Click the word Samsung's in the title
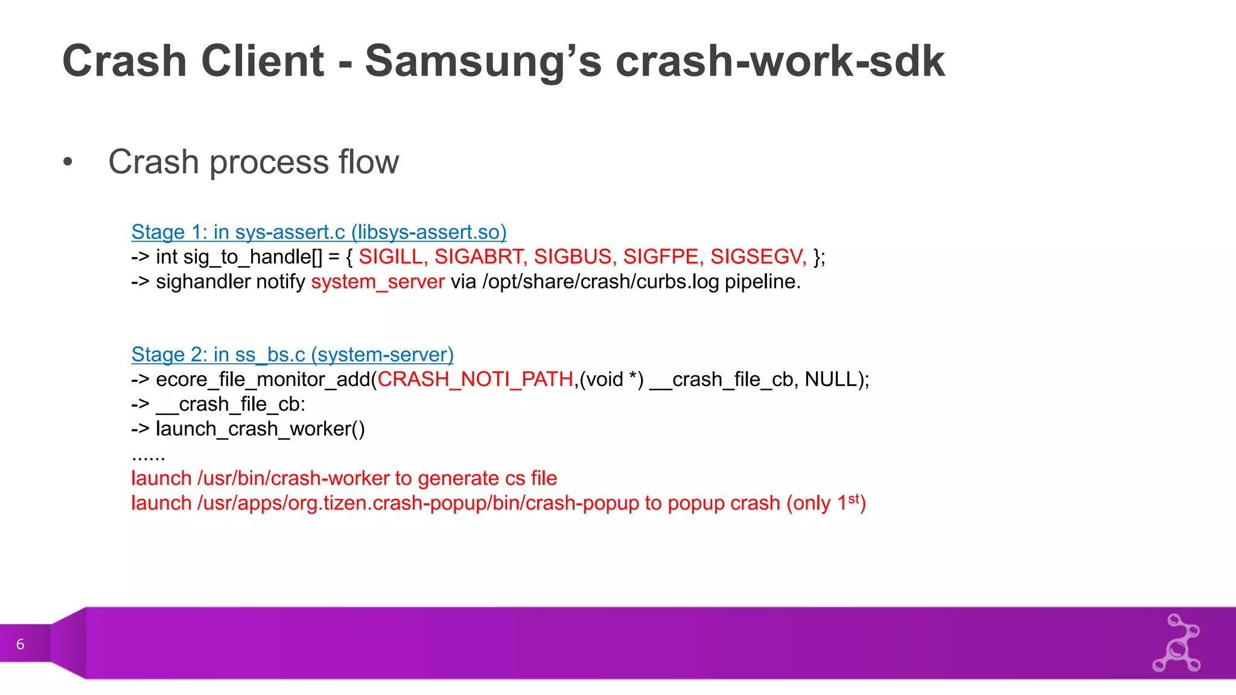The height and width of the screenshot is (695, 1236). click(483, 62)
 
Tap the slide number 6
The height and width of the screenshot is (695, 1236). click(21, 644)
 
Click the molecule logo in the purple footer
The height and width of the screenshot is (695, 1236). click(1176, 643)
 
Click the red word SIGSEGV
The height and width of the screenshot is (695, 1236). click(758, 257)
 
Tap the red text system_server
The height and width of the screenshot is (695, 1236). click(378, 282)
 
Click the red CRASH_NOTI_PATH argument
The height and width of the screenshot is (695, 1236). click(476, 379)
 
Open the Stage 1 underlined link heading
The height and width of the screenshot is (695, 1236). click(319, 232)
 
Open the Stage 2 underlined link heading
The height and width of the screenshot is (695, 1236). click(292, 355)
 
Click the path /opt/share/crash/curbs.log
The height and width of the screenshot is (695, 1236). click(600, 282)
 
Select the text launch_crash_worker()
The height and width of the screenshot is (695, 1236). click(260, 429)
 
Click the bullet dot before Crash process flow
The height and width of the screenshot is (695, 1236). click(68, 162)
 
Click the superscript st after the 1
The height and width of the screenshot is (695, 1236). click(853, 498)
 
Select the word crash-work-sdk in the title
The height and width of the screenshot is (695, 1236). click(780, 62)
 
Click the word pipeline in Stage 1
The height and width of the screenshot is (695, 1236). click(762, 282)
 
